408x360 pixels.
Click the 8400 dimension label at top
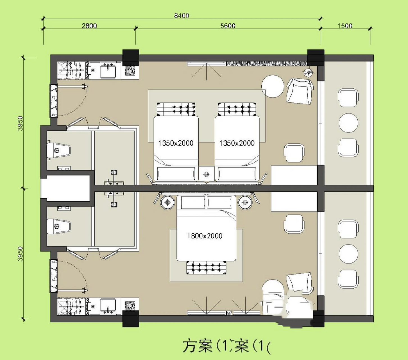pos(182,15)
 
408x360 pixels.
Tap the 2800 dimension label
pos(89,26)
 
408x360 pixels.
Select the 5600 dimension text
pos(228,26)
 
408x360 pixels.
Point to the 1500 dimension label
pos(345,26)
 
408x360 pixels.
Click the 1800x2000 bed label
pos(205,236)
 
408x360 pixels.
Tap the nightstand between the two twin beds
pos(206,174)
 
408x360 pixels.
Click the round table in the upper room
pos(273,86)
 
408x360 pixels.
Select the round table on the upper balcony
pos(348,123)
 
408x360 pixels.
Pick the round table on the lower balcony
pos(348,254)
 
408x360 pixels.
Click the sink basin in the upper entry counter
pos(108,70)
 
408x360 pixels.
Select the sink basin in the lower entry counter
pos(108,306)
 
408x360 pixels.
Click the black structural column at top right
pos(316,58)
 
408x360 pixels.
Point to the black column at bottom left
pos(131,318)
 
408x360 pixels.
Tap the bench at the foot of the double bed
pos(206,267)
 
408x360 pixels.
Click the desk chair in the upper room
pos(294,153)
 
